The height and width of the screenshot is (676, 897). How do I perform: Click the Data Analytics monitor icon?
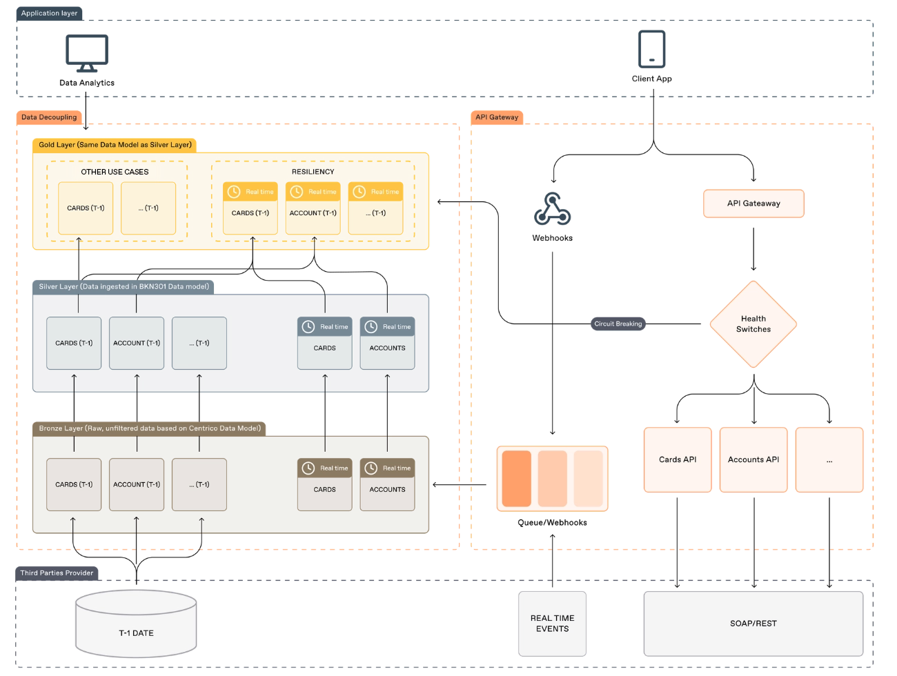click(x=87, y=53)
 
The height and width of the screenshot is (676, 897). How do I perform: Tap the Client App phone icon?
click(x=651, y=48)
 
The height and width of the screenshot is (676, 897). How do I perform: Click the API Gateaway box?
click(x=753, y=203)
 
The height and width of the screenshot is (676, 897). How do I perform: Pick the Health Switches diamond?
click(x=753, y=324)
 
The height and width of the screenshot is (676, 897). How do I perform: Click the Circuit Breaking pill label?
click(x=618, y=324)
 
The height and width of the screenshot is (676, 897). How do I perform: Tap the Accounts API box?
click(x=753, y=459)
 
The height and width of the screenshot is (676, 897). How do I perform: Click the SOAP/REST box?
click(x=753, y=624)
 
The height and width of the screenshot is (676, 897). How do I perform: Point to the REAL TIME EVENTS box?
click(x=552, y=624)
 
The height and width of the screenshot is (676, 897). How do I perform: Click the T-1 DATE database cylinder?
click(x=136, y=623)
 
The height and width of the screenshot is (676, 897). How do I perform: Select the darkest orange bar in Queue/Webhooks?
click(x=516, y=478)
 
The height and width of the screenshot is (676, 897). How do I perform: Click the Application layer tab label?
click(x=49, y=14)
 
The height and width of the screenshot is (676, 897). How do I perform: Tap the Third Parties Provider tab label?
click(x=57, y=573)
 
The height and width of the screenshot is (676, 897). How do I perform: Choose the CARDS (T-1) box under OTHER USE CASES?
click(x=86, y=208)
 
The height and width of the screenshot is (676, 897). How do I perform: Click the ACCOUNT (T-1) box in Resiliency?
click(x=313, y=208)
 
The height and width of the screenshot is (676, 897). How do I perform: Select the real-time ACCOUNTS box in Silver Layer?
click(x=387, y=343)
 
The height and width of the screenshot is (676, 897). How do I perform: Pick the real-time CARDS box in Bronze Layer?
click(x=324, y=484)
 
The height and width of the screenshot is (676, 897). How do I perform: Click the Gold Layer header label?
click(x=115, y=145)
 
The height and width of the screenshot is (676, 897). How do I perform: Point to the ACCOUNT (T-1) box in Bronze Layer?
click(x=137, y=484)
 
